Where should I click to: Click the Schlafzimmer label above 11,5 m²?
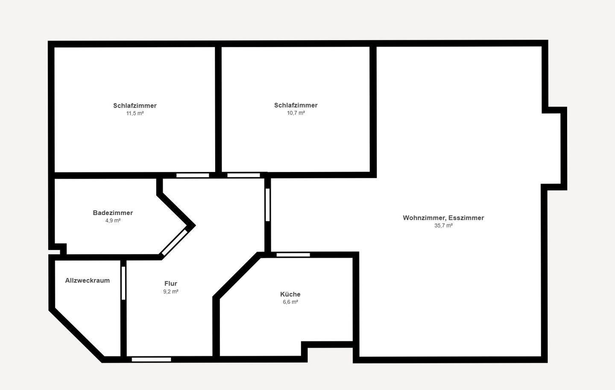click(x=135, y=105)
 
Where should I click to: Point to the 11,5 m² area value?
click(x=135, y=113)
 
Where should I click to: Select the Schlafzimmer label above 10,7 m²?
click(x=296, y=105)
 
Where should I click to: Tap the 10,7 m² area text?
click(x=296, y=113)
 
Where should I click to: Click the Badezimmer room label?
click(x=113, y=212)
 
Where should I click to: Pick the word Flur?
click(x=170, y=283)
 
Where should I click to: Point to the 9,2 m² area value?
click(x=170, y=291)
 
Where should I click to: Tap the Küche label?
click(x=290, y=294)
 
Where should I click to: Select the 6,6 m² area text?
click(x=290, y=302)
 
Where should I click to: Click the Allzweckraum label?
click(x=87, y=280)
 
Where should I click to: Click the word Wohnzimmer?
click(x=425, y=218)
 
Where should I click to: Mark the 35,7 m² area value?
click(x=443, y=225)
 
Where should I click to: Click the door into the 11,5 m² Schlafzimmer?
click(x=193, y=175)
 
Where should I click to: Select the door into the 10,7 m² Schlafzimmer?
click(x=243, y=175)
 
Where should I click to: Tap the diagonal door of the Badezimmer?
click(x=175, y=242)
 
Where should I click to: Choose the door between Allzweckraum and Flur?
click(x=123, y=283)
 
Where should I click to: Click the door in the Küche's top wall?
click(x=293, y=255)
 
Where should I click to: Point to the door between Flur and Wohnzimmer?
click(x=268, y=204)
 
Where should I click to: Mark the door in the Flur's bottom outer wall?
click(x=151, y=360)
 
